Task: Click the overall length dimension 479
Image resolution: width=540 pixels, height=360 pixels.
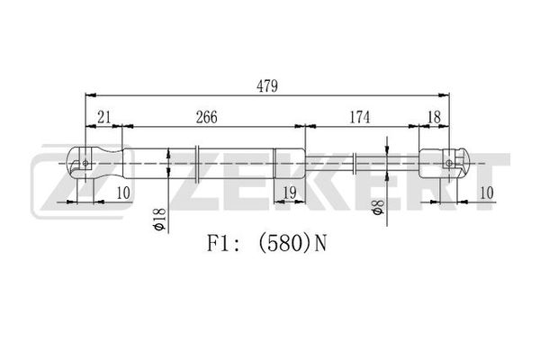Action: pos(267,86)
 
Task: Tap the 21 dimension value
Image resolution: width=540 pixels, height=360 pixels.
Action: pos(104,118)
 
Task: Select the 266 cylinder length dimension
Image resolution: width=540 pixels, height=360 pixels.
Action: pos(207,118)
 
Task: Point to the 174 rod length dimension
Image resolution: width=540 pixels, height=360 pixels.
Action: pos(360,118)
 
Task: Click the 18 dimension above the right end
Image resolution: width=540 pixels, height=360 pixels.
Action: pos(434,118)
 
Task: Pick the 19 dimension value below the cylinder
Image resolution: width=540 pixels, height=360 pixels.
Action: pos(290,193)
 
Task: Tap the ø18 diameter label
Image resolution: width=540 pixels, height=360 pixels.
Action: pos(159,219)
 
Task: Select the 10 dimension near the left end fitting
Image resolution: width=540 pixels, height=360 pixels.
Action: pos(123,193)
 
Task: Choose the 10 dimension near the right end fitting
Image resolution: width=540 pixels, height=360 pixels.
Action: pos(487,193)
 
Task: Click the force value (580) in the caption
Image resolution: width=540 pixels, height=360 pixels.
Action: pos(284,243)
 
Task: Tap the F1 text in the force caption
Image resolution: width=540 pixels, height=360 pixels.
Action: pos(219,243)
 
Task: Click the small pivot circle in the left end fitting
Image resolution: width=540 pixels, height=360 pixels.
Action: pos(85,163)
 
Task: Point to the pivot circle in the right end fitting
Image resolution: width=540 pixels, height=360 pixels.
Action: pos(449,163)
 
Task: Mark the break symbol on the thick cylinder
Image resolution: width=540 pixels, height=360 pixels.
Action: pos(197,164)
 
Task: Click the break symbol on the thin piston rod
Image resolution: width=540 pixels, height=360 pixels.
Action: pos(355,164)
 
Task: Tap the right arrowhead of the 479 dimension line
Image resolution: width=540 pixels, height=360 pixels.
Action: pos(445,95)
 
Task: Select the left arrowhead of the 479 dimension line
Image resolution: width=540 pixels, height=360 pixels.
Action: pos(91,95)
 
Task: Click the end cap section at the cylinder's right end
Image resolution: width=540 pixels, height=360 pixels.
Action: pos(289,163)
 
